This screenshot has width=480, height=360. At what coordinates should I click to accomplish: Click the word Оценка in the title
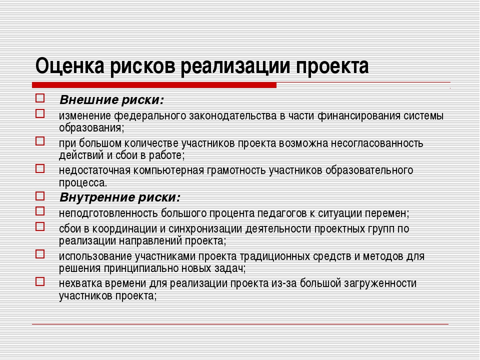click(x=70, y=66)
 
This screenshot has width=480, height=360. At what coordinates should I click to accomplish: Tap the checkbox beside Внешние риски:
click(x=40, y=98)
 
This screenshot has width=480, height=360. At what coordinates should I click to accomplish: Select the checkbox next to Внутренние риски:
click(x=40, y=196)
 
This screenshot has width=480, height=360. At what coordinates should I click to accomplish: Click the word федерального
click(x=150, y=115)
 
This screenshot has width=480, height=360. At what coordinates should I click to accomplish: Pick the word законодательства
click(x=233, y=115)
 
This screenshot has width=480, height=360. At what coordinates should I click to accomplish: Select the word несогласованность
click(x=377, y=143)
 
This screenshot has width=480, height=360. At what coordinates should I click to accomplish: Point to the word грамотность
click(x=236, y=170)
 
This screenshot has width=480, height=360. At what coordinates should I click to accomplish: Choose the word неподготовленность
click(x=108, y=213)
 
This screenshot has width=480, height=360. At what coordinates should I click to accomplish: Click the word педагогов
click(x=281, y=213)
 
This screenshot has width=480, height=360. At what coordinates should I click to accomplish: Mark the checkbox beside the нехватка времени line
click(x=40, y=281)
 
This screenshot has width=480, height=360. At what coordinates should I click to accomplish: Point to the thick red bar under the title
click(x=154, y=85)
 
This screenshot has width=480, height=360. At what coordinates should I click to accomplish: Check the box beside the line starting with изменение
click(x=40, y=113)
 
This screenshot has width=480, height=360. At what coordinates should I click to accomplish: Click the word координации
click(x=125, y=229)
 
